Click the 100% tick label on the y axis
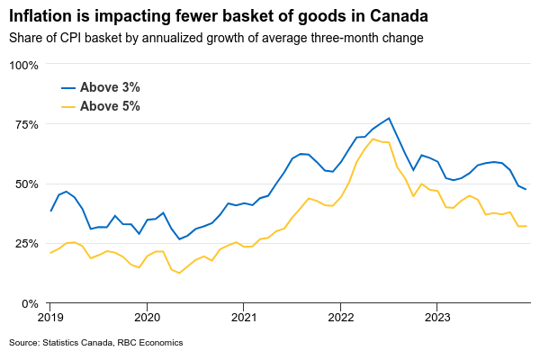[24, 65]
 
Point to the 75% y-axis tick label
[27, 124]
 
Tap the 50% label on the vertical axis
[27, 184]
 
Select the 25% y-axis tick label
[27, 244]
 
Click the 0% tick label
[31, 303]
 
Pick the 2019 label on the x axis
[50, 317]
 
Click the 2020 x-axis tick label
[147, 317]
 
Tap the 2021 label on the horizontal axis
[244, 317]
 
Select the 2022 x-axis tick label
[341, 317]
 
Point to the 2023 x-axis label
[437, 317]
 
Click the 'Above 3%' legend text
[110, 87]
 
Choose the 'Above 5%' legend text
[110, 106]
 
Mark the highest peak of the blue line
[389, 118]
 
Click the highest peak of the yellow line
[373, 139]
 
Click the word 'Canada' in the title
[397, 16]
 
